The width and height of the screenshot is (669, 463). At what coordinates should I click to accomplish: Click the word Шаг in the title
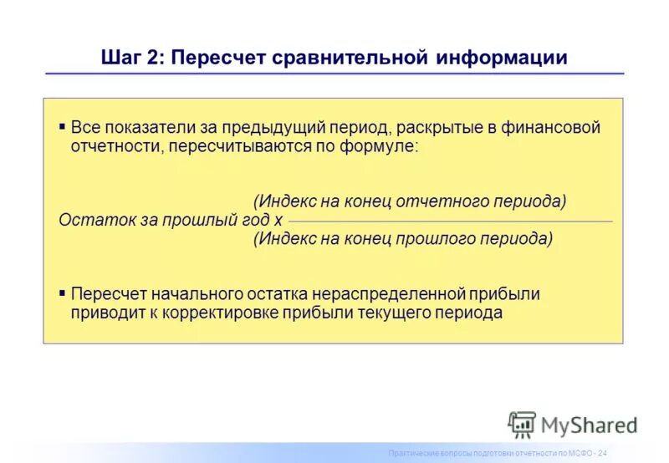click(119, 58)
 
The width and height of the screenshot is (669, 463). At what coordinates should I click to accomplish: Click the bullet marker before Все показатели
click(63, 128)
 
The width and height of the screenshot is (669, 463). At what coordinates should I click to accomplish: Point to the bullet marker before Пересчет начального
click(63, 294)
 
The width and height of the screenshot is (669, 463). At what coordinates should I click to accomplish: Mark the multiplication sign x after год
click(278, 221)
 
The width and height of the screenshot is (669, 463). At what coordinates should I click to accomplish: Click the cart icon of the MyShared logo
click(522, 425)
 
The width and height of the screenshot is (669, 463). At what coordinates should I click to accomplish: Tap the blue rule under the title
click(334, 74)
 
